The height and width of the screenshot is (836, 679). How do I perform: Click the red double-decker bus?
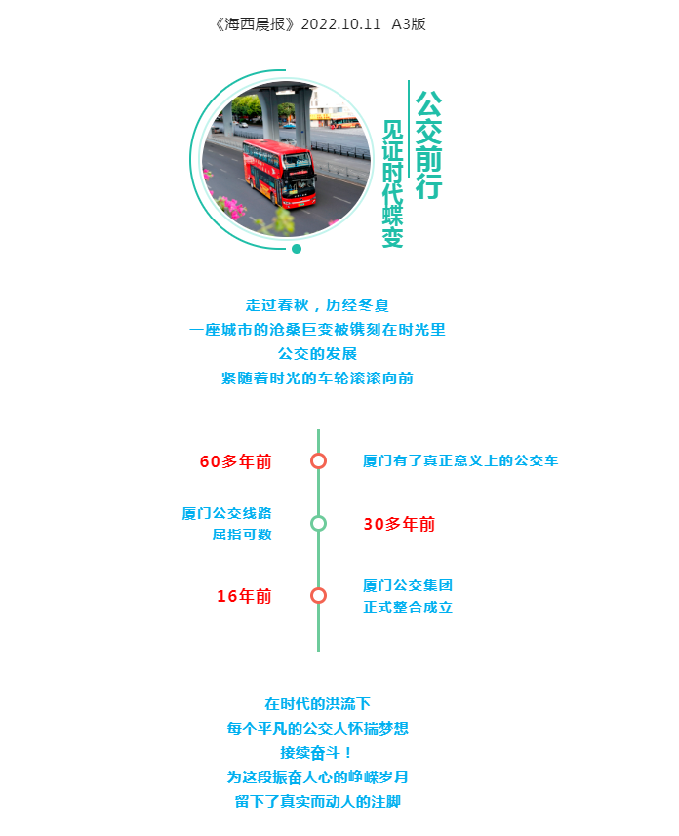279,174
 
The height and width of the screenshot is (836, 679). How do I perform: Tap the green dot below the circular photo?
297,249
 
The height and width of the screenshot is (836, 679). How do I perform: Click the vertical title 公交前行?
428,144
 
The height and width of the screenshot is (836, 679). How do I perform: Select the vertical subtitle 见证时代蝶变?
392,183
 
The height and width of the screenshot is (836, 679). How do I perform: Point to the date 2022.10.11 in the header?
340,24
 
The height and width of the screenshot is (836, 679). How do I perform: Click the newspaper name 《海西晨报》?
255,24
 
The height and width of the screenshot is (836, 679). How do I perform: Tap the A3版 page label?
409,24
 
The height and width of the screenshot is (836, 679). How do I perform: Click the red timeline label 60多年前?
236,461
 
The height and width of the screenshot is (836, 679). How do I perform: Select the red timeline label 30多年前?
400,524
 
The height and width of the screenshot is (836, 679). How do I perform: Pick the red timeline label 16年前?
244,596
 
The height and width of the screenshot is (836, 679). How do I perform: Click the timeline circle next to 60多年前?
318,460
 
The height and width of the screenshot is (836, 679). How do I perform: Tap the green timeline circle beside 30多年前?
318,523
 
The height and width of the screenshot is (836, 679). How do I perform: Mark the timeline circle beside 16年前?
318,596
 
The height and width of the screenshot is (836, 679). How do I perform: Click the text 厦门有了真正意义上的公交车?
460,460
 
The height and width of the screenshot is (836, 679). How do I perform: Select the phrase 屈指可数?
242,535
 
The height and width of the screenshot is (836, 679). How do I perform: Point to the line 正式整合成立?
408,607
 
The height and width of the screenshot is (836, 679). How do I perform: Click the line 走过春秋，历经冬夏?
317,305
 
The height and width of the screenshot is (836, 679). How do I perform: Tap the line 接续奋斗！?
317,753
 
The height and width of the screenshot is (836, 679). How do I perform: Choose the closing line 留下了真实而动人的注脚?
318,801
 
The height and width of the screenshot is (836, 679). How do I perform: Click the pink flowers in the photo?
231,207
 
